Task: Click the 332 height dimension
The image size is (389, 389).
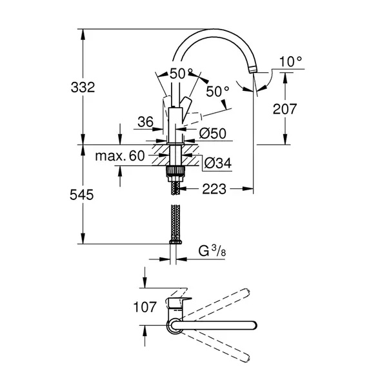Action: click(83, 87)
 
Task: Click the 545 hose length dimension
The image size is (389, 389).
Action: click(82, 195)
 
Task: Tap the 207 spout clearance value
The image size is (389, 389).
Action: click(284, 109)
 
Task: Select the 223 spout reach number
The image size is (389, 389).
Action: click(214, 189)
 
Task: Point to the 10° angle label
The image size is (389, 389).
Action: click(291, 61)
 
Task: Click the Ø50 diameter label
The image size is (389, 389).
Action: click(213, 134)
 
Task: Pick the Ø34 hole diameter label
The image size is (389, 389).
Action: click(218, 163)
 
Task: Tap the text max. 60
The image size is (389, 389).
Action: click(120, 156)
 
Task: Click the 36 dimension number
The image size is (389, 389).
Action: click(146, 122)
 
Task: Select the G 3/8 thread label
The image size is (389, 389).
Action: click(212, 251)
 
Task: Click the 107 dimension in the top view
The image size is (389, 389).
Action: click(145, 307)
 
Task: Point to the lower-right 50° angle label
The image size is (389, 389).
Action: click(217, 92)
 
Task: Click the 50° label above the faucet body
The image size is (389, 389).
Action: click(181, 74)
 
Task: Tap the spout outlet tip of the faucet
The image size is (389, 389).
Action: click(252, 70)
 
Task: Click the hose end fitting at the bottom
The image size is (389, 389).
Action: click(175, 242)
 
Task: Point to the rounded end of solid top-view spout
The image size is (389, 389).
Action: click(254, 325)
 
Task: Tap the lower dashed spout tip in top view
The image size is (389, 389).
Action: click(246, 359)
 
